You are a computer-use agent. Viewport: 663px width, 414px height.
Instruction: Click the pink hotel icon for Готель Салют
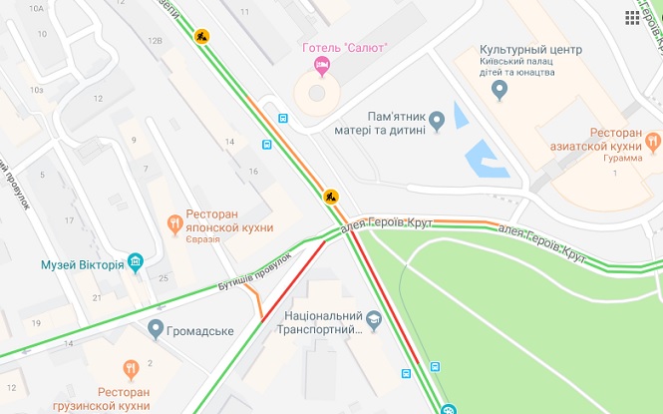click(x=322, y=67)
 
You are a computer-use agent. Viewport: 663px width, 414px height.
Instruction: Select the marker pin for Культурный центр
click(x=500, y=91)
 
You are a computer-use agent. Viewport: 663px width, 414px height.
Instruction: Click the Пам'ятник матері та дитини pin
click(x=436, y=122)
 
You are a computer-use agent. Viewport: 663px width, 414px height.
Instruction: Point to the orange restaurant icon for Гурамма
click(x=653, y=143)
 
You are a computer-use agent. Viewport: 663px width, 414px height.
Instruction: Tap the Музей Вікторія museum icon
click(x=136, y=264)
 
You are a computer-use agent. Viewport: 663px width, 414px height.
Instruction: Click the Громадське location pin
click(x=156, y=328)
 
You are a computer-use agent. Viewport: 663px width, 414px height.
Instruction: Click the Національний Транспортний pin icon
click(x=374, y=321)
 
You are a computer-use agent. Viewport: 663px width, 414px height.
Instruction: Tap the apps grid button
click(x=632, y=18)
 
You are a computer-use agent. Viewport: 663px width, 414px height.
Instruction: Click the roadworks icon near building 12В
click(x=202, y=37)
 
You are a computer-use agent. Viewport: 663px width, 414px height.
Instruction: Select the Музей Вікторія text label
click(x=82, y=265)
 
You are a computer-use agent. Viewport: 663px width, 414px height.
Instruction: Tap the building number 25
click(x=164, y=277)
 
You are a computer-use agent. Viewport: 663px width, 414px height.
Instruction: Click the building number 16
click(x=254, y=172)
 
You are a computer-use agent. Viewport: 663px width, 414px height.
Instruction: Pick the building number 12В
click(x=154, y=41)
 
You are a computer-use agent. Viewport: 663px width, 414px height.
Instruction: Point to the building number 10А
click(x=37, y=8)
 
